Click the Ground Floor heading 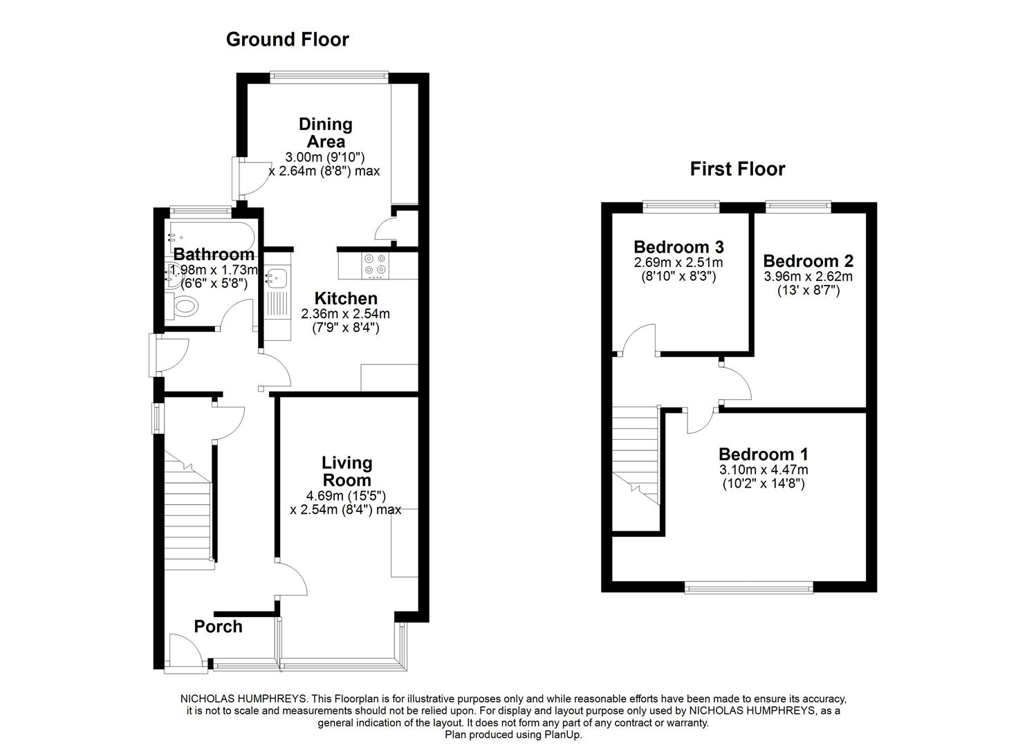(287, 39)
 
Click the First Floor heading (737, 169)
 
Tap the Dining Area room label (325, 133)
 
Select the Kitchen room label (346, 298)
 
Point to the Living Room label (346, 471)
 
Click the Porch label (218, 627)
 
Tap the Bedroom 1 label (763, 454)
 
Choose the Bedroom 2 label (808, 261)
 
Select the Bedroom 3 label (678, 247)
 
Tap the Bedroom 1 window (748, 587)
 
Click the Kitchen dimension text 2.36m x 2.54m (345, 314)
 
